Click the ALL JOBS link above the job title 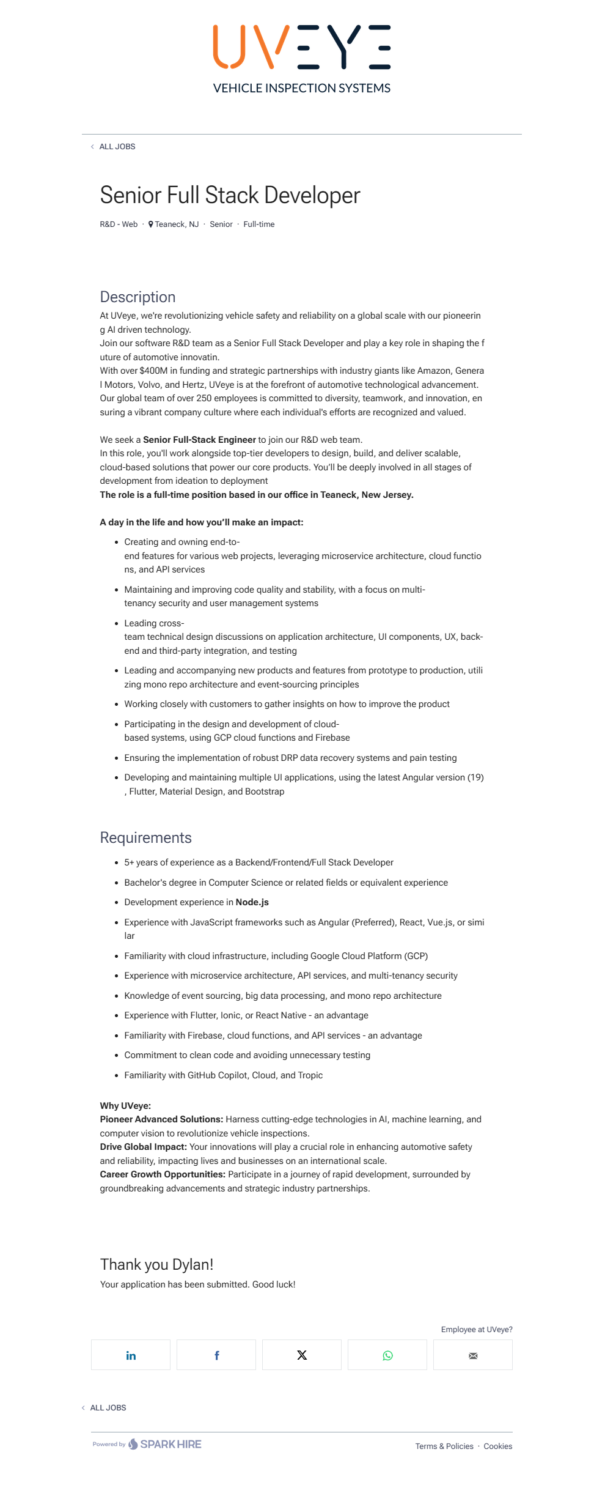tap(117, 147)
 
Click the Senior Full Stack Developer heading tap(230, 195)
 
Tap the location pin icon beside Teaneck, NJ tap(151, 224)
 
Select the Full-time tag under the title tap(258, 224)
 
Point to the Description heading tap(137, 297)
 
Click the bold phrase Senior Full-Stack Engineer tap(199, 440)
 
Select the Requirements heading tap(145, 838)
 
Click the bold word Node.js tap(252, 902)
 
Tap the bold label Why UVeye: tap(125, 1106)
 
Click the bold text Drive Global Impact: tap(144, 1147)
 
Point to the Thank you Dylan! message tap(156, 1264)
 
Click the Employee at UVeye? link tap(477, 1330)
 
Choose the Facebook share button tap(216, 1355)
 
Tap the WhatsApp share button tap(387, 1355)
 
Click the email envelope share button tap(473, 1355)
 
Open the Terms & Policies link tap(444, 1447)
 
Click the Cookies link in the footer tap(497, 1447)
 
